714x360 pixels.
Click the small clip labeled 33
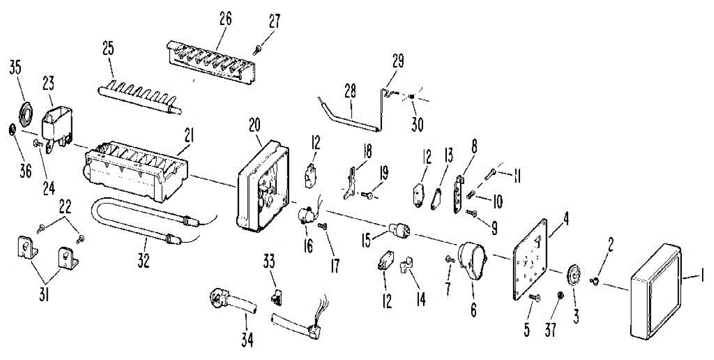click(277, 295)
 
